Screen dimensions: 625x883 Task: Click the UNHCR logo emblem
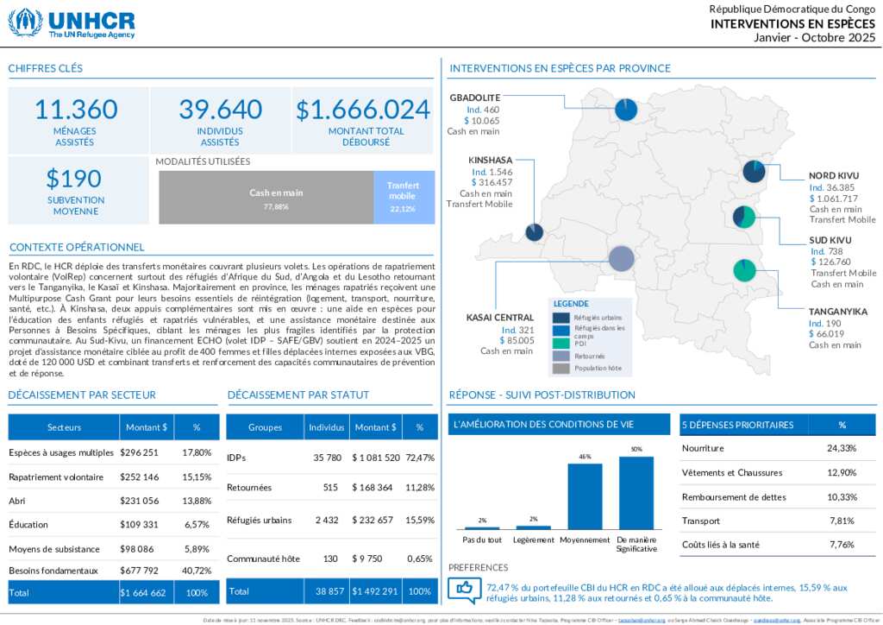tap(25, 22)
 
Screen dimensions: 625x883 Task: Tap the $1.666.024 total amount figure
tap(363, 110)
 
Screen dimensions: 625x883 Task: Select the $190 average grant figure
tap(74, 179)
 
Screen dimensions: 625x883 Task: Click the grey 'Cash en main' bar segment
tap(266, 198)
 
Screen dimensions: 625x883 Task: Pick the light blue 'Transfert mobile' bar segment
tap(404, 198)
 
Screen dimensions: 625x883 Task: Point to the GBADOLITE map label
tap(474, 98)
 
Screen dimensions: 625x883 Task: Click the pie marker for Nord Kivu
tap(755, 172)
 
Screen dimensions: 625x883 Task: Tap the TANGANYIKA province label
tap(837, 312)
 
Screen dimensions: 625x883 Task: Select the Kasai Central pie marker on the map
tap(622, 258)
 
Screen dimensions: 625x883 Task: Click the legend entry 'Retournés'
tap(589, 356)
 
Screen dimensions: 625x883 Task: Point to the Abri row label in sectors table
tap(16, 501)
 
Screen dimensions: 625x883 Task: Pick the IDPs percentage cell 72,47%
tap(420, 458)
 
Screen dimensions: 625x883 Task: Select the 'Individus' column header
tap(327, 427)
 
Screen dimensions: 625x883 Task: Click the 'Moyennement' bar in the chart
tap(585, 496)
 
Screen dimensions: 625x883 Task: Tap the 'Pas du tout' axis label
tap(482, 540)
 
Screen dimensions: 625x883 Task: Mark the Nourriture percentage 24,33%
tap(842, 448)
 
